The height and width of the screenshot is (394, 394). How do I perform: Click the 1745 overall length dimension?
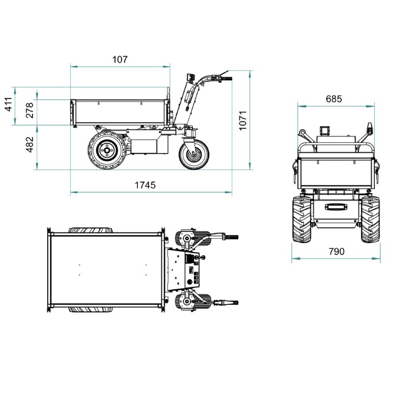tap(145, 185)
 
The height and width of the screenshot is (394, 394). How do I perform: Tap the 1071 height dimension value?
tap(243, 120)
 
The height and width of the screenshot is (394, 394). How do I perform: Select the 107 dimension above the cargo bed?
tap(120, 60)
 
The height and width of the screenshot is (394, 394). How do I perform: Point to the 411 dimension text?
tap(9, 104)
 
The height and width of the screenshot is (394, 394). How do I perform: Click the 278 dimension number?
tap(30, 110)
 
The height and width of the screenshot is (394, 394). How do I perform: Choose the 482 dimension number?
tap(30, 144)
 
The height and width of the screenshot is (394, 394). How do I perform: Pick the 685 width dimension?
tap(334, 99)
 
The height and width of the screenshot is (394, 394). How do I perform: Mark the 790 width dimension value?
tap(337, 251)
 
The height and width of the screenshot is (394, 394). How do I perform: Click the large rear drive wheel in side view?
tap(107, 150)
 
